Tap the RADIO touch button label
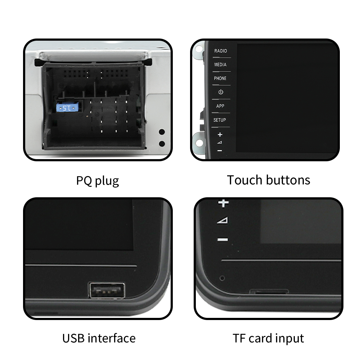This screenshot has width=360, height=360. [x=220, y=51]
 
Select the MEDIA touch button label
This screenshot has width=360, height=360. [x=220, y=64]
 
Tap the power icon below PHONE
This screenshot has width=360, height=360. [x=221, y=92]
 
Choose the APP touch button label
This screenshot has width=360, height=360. [x=220, y=106]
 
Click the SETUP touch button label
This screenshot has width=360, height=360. [x=220, y=120]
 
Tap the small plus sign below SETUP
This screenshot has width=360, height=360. [x=220, y=134]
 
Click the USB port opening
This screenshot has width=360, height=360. [x=107, y=290]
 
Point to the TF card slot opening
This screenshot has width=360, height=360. [x=269, y=292]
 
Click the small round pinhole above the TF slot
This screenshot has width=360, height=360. [x=222, y=278]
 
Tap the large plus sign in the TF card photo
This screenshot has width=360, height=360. [x=224, y=203]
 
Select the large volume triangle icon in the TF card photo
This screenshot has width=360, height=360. [x=222, y=220]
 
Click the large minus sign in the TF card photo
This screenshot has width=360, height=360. [x=223, y=240]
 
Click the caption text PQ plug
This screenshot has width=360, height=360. [x=98, y=180]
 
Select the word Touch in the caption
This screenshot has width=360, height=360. [x=244, y=180]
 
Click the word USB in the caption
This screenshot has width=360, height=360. [x=73, y=338]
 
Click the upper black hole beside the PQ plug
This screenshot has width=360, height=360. [x=162, y=132]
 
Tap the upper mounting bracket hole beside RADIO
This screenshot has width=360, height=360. [x=199, y=49]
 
